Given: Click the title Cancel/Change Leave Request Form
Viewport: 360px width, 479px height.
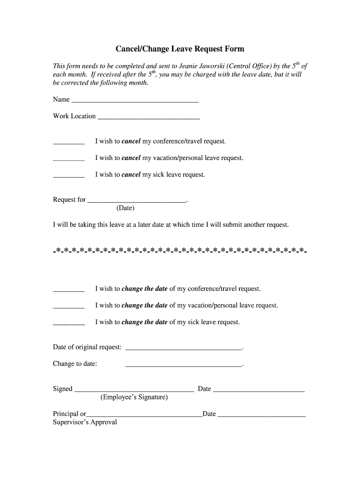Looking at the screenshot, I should coord(180,49).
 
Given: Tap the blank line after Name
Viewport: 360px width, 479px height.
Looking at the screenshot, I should coord(135,100).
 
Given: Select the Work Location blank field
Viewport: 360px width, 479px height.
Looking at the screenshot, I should coord(149,117).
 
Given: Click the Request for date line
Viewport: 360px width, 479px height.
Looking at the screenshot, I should coord(137,201).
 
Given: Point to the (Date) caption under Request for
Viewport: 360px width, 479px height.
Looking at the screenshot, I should coord(125,208).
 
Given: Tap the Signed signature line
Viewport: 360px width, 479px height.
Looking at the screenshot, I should coord(134,390).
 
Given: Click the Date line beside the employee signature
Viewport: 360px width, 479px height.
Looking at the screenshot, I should coord(259,390).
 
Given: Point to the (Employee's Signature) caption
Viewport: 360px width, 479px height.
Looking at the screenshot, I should coord(134,397).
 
